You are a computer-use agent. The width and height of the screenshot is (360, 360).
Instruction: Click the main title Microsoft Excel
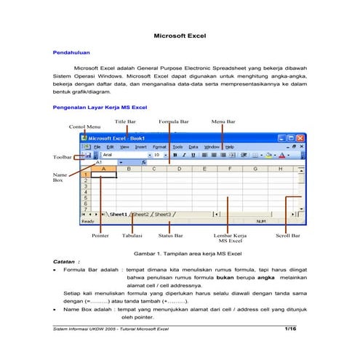[x=180, y=35]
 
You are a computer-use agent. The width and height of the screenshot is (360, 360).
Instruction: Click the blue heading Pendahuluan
[x=71, y=53]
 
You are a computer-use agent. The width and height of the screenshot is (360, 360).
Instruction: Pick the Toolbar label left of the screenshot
[x=63, y=157]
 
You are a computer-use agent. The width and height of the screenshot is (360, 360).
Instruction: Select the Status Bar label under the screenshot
[x=170, y=236]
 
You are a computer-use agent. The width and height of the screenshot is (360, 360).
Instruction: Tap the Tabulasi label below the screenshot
[x=132, y=236]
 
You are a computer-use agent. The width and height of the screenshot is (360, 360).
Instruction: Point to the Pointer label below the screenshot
[x=100, y=236]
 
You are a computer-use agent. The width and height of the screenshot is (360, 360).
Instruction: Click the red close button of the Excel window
[x=300, y=137]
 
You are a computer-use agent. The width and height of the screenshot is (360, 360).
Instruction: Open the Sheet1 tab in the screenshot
[x=118, y=215]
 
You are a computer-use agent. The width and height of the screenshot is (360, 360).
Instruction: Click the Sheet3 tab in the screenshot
[x=162, y=215]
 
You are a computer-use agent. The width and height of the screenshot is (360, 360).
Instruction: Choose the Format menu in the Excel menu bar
[x=159, y=146]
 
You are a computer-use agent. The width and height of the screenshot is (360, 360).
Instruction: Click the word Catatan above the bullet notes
[x=68, y=260]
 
